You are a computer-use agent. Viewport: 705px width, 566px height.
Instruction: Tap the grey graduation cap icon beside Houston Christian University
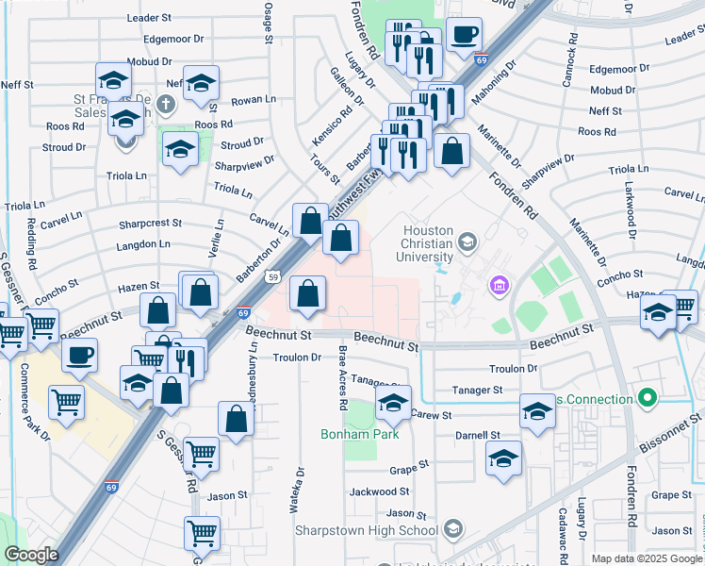coord(467,244)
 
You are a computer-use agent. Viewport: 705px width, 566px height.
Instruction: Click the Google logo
coord(31,555)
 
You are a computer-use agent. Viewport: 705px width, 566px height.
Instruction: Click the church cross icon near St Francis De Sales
coord(167,104)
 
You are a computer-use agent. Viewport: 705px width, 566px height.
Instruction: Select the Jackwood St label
coord(372,491)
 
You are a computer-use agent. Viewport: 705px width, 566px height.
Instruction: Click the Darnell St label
coord(478,436)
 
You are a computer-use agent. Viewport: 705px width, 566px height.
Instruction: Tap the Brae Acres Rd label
coord(343,378)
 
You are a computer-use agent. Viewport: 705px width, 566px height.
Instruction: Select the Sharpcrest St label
coord(150,224)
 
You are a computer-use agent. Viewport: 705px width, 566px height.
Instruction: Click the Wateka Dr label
coord(301,491)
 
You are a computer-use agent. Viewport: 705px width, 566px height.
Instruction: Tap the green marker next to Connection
coord(647,399)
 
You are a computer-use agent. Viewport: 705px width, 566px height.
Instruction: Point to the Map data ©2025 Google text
coord(646,558)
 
